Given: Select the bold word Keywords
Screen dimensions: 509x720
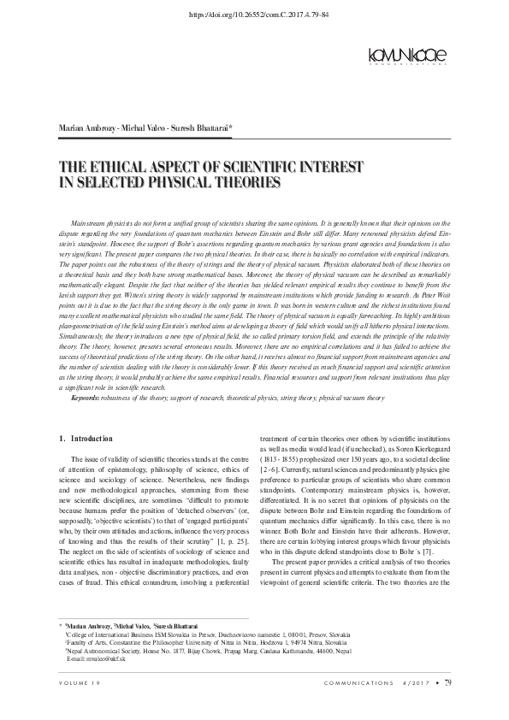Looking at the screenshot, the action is tap(86, 398).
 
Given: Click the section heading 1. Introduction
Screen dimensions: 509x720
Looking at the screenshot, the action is tap(85, 440).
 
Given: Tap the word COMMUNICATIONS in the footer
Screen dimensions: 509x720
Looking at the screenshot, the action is tap(358, 705).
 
